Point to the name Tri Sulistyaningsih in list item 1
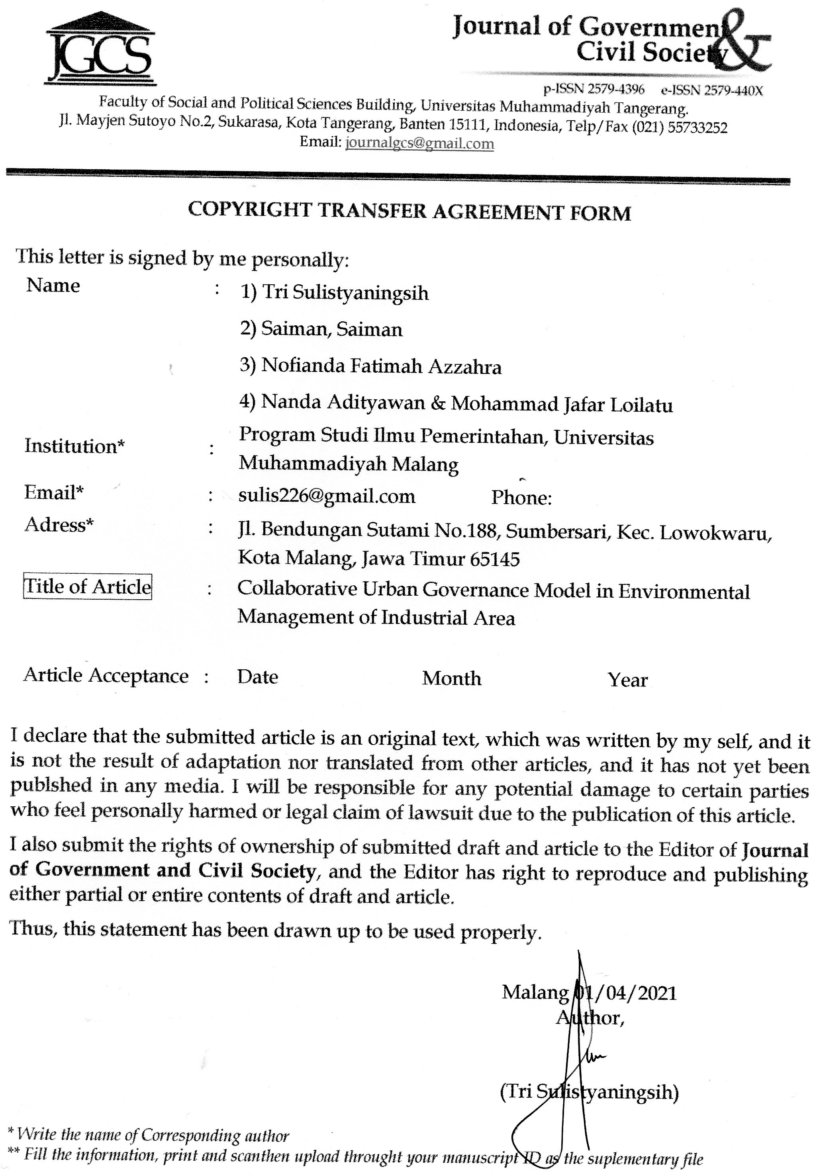point(345,293)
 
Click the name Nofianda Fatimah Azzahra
point(381,366)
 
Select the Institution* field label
point(74,446)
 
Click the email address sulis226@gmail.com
point(327,496)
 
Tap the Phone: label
point(521,498)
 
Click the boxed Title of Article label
point(88,587)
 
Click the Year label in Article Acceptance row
point(628,680)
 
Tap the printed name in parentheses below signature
point(590,1092)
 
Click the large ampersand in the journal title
point(746,43)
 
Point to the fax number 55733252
point(697,127)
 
